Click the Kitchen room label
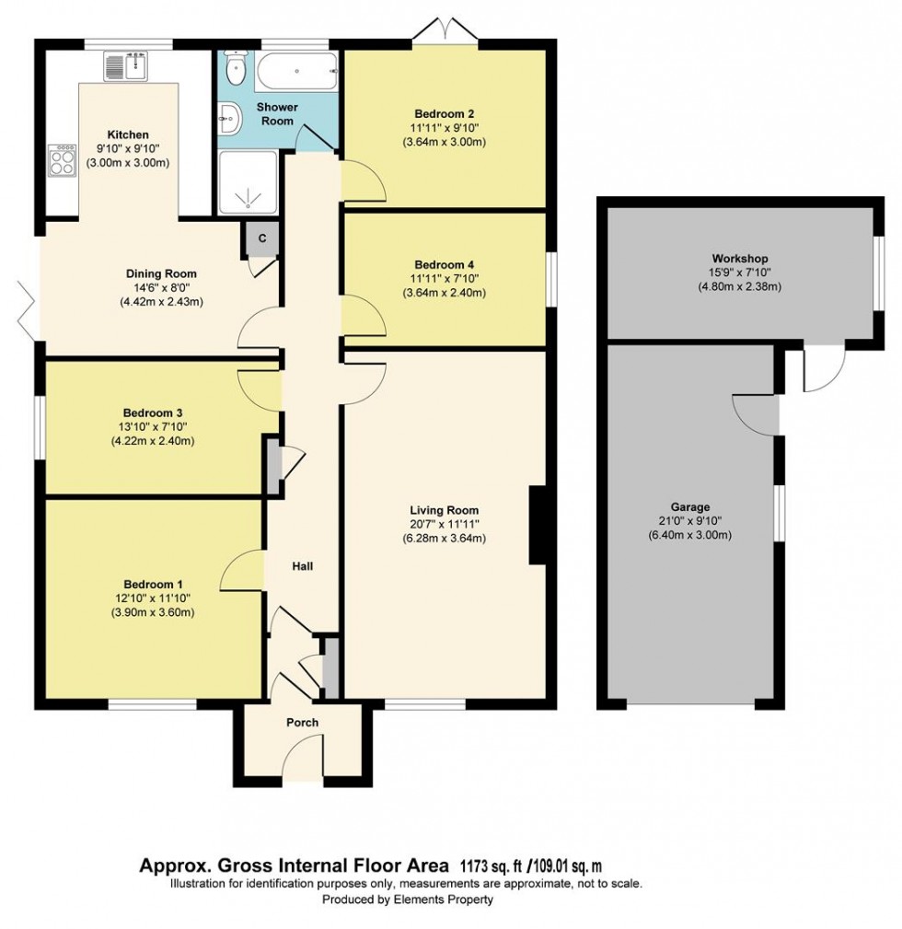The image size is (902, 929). (x=127, y=134)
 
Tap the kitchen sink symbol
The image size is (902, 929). (x=126, y=67)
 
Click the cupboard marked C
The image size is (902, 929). (x=261, y=238)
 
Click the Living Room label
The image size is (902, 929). (x=445, y=510)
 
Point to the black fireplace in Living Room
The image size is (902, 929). (x=538, y=525)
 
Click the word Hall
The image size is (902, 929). (x=302, y=566)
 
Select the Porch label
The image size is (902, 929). (x=302, y=723)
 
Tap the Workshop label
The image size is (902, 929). (x=739, y=259)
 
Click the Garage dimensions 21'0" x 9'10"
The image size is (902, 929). (x=689, y=521)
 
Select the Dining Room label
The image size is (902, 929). (x=161, y=273)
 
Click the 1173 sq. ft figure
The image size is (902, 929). (x=487, y=865)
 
